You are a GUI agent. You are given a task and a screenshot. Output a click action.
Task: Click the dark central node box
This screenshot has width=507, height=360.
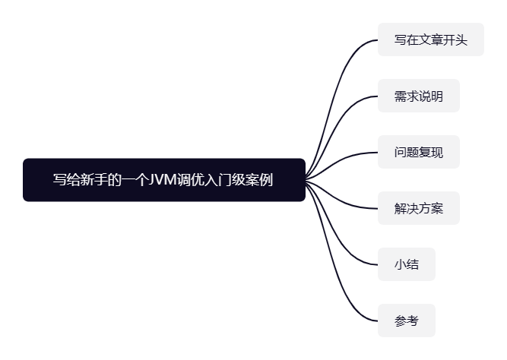point(163,180)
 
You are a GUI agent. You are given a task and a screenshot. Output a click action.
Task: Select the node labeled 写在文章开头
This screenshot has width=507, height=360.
point(430,39)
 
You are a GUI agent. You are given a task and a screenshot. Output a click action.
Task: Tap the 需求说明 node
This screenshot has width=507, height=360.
point(418,96)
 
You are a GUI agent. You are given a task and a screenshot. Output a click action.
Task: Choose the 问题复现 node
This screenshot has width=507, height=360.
point(418,152)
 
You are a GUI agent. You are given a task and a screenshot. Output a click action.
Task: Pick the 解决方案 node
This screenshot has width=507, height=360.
point(418,208)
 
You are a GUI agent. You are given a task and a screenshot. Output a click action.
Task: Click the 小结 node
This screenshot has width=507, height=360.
point(406,264)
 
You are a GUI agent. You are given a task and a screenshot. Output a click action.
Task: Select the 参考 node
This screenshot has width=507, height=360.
point(406,321)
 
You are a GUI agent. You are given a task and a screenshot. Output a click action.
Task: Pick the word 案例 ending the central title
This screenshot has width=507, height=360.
point(261,181)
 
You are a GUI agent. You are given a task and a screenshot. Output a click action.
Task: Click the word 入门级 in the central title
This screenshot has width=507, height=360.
point(224,181)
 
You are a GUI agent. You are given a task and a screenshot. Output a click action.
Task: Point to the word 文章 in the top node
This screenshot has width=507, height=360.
point(431,39)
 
